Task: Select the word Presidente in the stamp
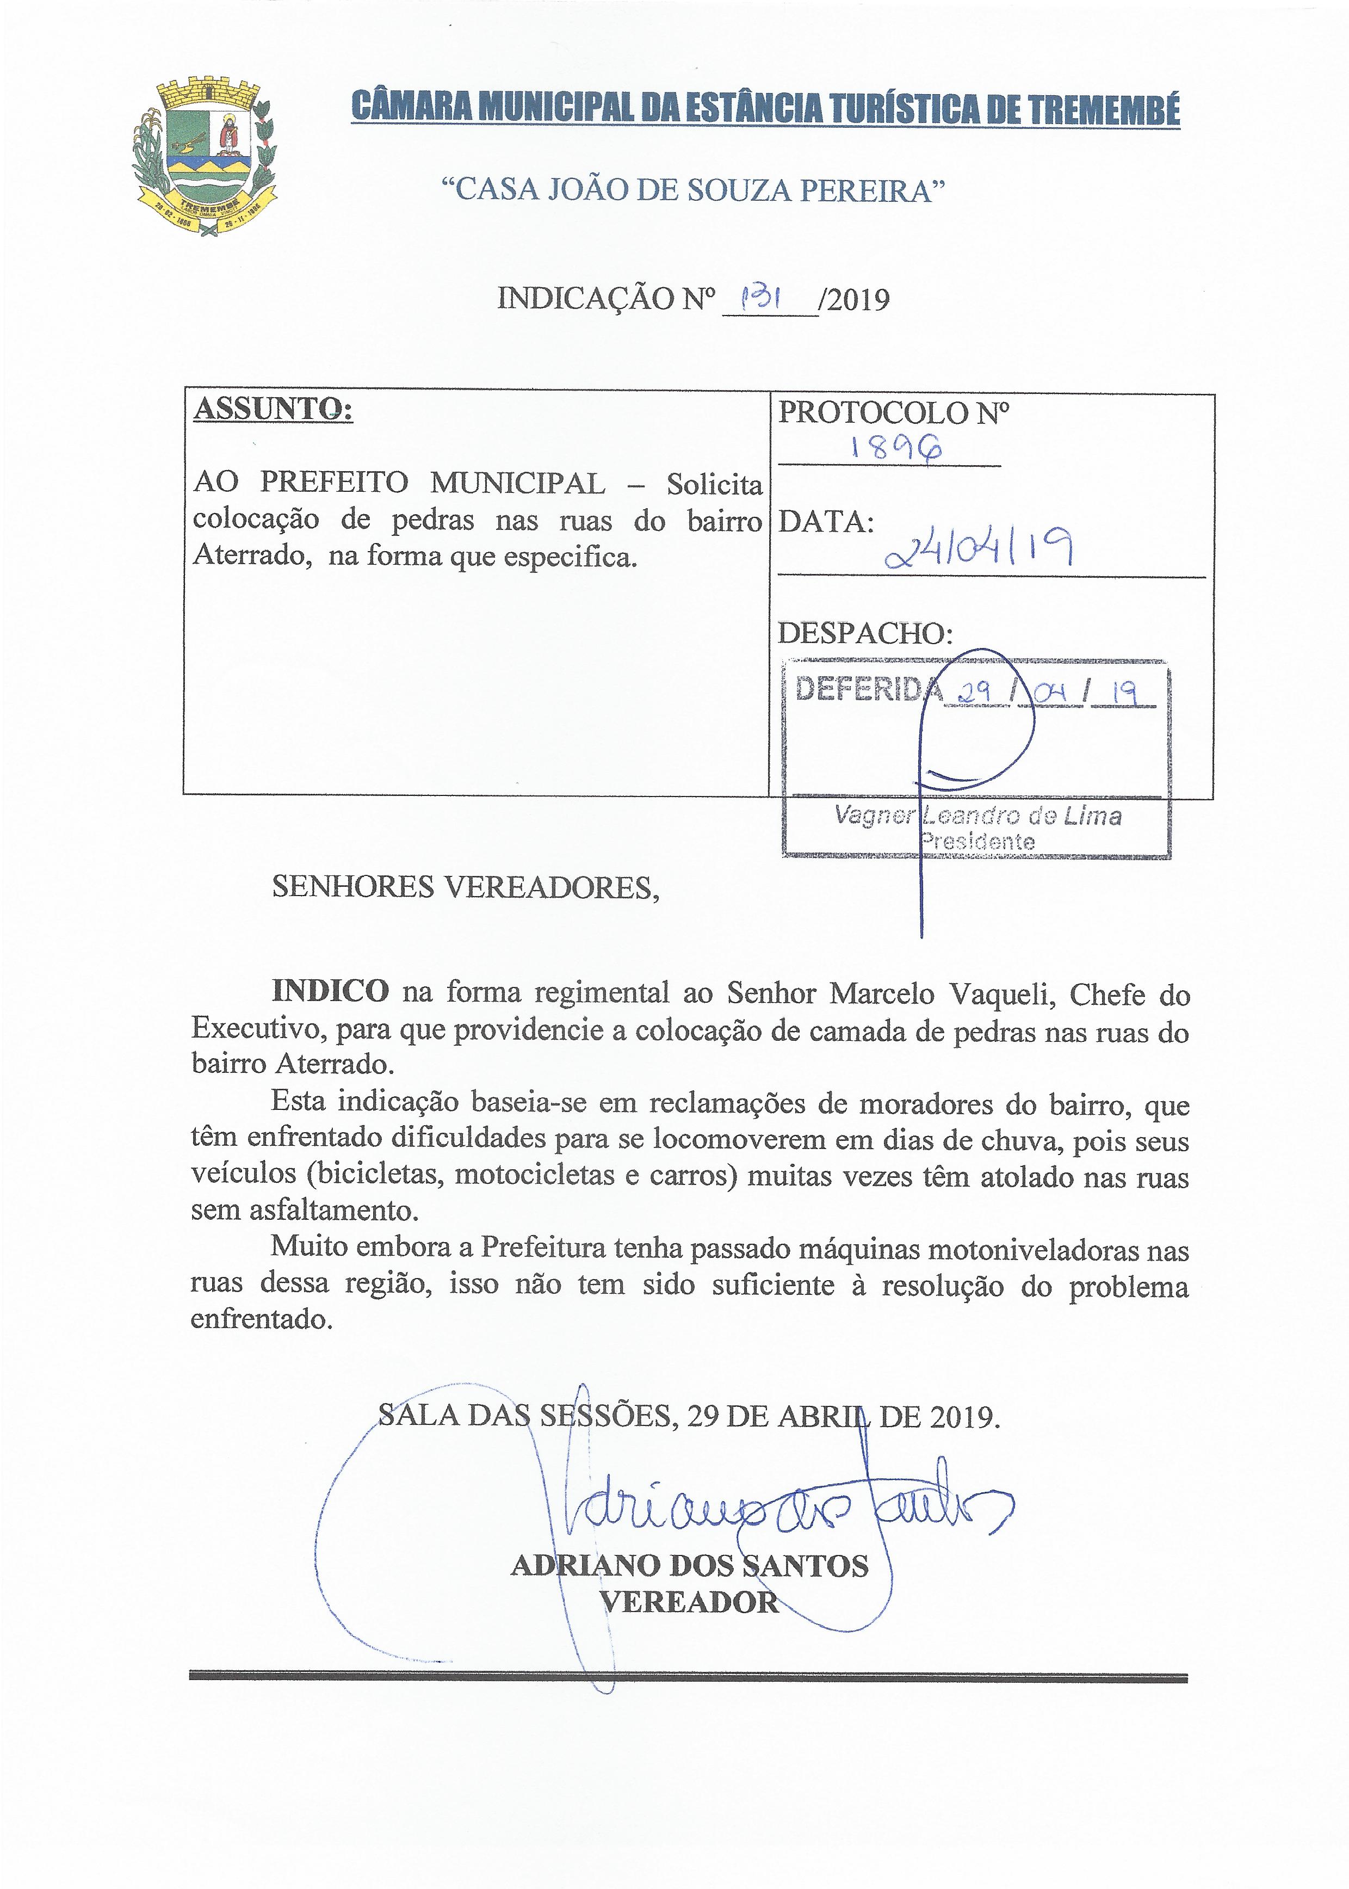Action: pyautogui.click(x=977, y=842)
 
